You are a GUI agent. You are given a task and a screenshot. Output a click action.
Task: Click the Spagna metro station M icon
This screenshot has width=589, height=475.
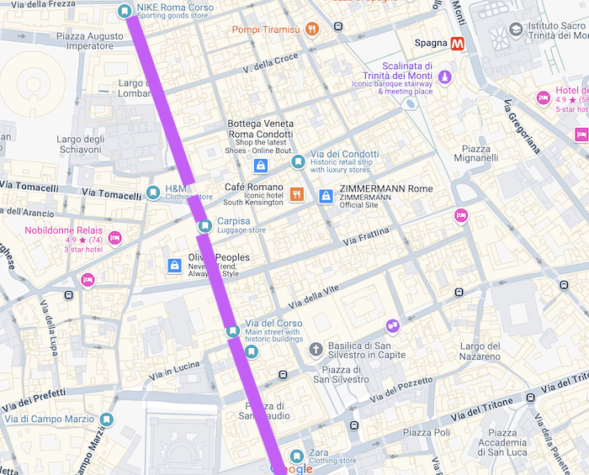pyautogui.click(x=459, y=44)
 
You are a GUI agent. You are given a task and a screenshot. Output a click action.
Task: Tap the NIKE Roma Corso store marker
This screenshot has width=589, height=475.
pyautogui.click(x=125, y=11)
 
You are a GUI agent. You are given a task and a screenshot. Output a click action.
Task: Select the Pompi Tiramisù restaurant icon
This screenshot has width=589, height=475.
pyautogui.click(x=312, y=29)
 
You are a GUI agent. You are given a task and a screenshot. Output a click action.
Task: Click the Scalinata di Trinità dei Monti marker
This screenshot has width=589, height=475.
pyautogui.click(x=445, y=78)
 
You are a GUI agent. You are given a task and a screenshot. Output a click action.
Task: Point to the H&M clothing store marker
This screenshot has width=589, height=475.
pyautogui.click(x=152, y=193)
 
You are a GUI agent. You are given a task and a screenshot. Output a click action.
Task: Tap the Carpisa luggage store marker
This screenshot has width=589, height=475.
pyautogui.click(x=204, y=225)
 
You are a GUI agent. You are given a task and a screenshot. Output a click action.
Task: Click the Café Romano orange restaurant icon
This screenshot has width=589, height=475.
pyautogui.click(x=296, y=194)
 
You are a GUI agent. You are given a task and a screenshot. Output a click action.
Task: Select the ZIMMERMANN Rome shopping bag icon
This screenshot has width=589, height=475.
pyautogui.click(x=326, y=196)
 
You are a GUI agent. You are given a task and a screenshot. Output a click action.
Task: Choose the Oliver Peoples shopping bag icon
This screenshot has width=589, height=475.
pyautogui.click(x=174, y=266)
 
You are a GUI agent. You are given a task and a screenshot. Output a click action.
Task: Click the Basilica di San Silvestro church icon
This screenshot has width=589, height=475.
pyautogui.click(x=316, y=349)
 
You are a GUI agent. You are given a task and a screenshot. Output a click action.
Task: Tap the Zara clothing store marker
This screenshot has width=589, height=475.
pyautogui.click(x=295, y=457)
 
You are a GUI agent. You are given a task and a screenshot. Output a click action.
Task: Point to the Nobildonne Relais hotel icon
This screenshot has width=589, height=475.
pyautogui.click(x=115, y=239)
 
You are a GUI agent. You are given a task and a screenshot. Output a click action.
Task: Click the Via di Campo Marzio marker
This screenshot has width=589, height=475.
pyautogui.click(x=106, y=419)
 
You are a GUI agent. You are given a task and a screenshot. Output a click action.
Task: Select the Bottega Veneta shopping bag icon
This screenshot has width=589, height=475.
pyautogui.click(x=260, y=166)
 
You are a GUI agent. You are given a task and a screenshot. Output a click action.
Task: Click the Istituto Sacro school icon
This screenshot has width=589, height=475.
pyautogui.click(x=515, y=30)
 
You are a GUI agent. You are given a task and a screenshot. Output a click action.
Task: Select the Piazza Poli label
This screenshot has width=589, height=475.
pyautogui.click(x=427, y=432)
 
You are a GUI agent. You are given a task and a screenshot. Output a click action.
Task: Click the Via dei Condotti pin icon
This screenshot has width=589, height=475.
pyautogui.click(x=297, y=161)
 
